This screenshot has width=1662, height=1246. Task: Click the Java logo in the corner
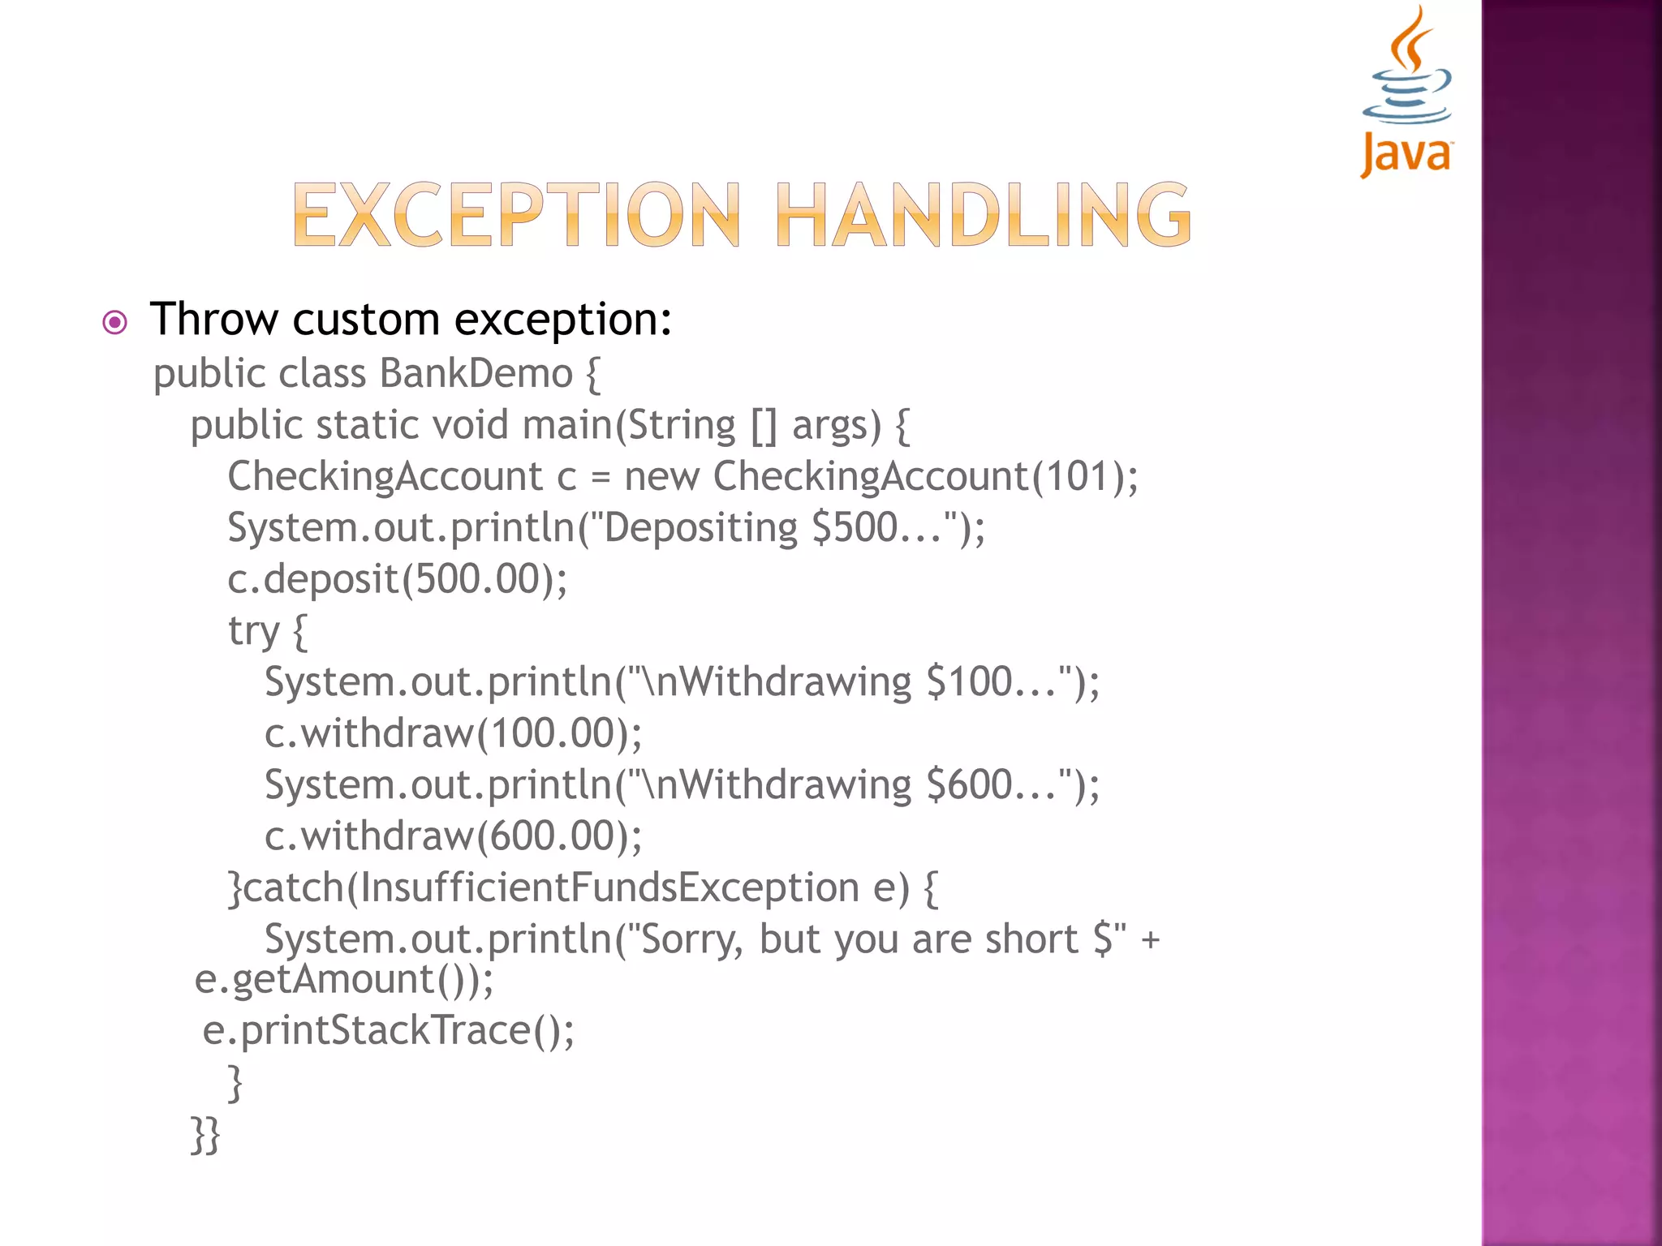point(1406,91)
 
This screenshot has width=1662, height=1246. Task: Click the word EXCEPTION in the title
point(516,215)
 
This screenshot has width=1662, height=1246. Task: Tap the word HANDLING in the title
point(983,215)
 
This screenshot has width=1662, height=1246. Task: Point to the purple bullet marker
point(115,323)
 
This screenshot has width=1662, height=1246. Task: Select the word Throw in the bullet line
point(214,319)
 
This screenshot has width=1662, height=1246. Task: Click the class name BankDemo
point(476,374)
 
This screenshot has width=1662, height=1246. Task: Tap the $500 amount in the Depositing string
point(854,528)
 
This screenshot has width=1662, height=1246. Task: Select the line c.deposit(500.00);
point(397,579)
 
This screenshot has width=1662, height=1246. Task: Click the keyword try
point(253,631)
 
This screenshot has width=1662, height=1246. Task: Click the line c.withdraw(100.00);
point(453,733)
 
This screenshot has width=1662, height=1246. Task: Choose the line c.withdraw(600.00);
point(453,836)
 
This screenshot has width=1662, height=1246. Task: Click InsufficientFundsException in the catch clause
point(609,887)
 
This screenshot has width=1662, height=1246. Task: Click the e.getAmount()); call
point(343,979)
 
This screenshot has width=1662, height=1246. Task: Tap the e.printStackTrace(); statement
point(388,1030)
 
